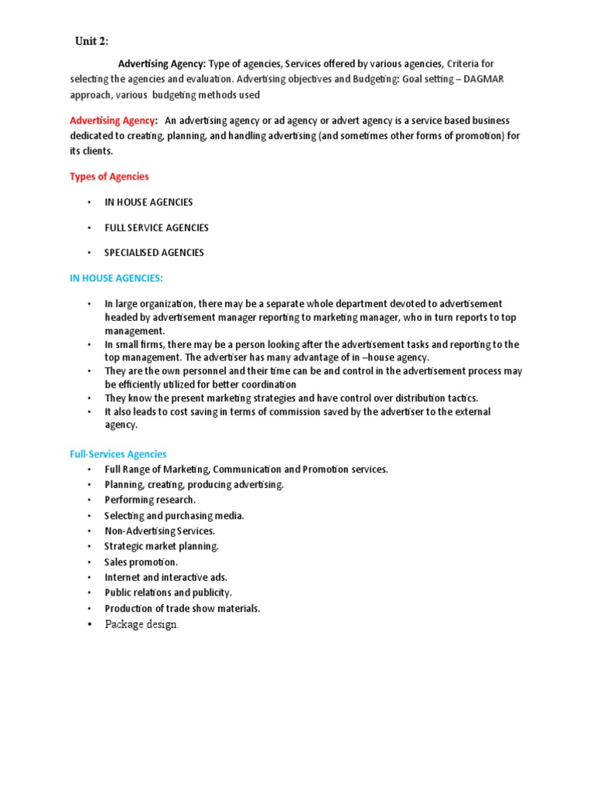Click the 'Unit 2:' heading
click(x=91, y=41)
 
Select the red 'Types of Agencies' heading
click(x=109, y=177)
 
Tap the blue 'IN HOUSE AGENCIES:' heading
click(x=116, y=278)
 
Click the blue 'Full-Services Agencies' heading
click(x=118, y=454)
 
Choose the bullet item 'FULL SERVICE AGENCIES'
click(x=157, y=228)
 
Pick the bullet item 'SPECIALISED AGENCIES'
click(x=155, y=252)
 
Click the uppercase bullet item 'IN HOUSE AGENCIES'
click(x=149, y=202)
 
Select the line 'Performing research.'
click(x=150, y=500)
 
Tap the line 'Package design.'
click(x=142, y=624)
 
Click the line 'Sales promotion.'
click(x=142, y=562)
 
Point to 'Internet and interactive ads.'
click(x=166, y=577)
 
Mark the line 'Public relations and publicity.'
click(x=168, y=592)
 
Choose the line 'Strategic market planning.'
click(x=162, y=546)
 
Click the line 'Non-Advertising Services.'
click(x=159, y=531)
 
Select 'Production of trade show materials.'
click(x=182, y=608)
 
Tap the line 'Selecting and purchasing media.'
click(x=174, y=515)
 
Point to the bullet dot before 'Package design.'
click(x=90, y=624)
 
